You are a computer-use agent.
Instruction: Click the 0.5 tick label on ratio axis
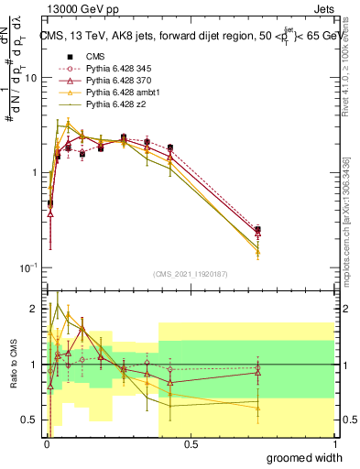[x=27, y=420]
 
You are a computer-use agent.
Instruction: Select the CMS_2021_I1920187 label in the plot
[x=191, y=272]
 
